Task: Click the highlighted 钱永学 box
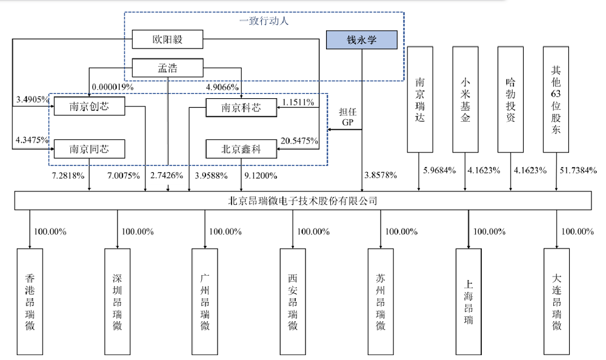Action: (361, 40)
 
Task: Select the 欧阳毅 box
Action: (167, 39)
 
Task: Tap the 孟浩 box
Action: (167, 68)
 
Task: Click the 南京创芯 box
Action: (89, 106)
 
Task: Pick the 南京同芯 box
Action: (89, 149)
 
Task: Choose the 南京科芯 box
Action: (241, 107)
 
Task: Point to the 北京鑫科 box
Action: (241, 149)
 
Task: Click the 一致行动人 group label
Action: (264, 21)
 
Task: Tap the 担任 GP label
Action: (347, 117)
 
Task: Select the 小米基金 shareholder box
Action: (465, 99)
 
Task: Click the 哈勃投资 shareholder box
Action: (510, 99)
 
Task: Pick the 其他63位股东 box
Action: (556, 99)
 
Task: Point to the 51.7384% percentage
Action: (578, 170)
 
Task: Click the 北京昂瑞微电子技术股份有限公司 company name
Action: (302, 201)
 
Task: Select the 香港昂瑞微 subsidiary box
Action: (30, 302)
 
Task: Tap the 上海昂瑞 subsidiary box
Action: (468, 302)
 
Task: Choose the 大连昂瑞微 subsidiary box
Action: (556, 302)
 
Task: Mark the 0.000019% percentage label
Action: (113, 87)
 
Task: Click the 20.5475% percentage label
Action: (299, 141)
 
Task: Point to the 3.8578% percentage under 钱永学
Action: (381, 175)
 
